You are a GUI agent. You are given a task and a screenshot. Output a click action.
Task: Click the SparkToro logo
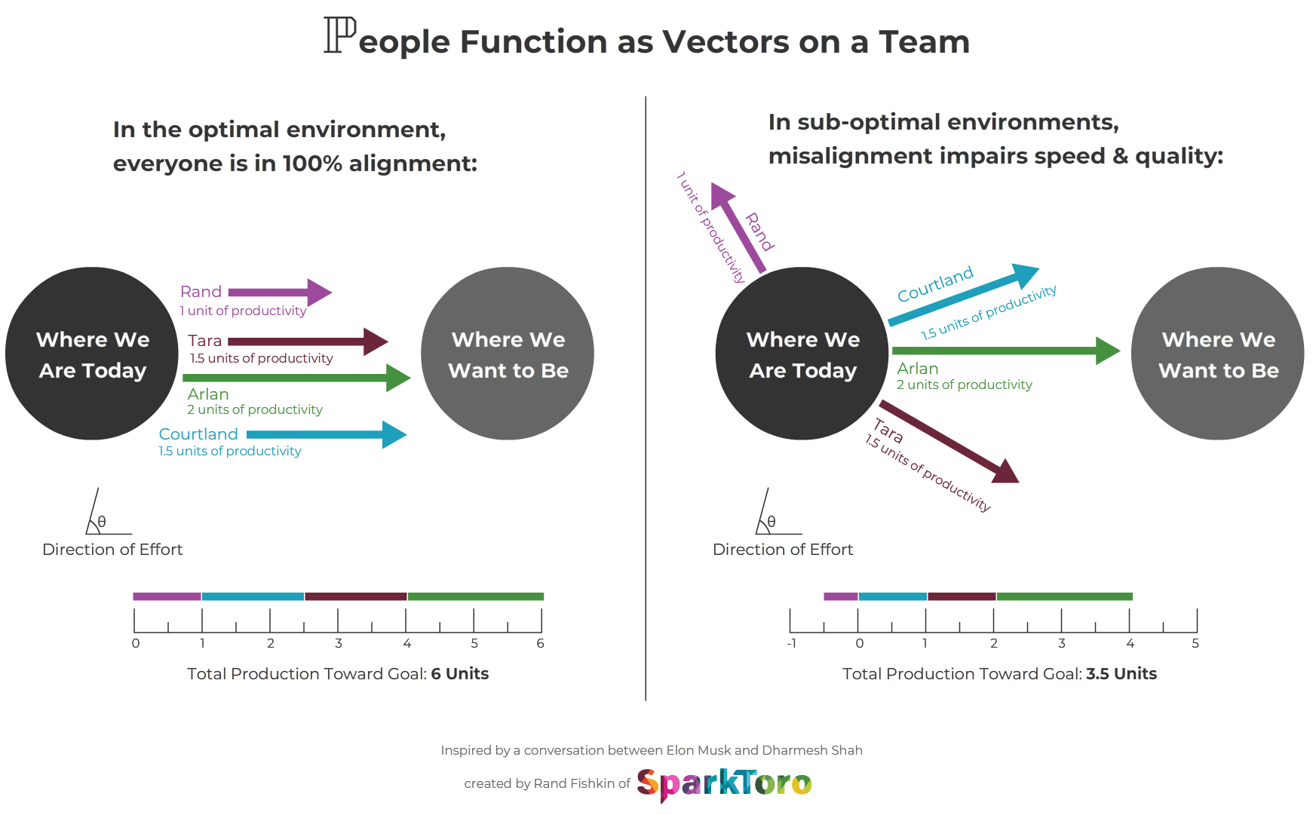724,784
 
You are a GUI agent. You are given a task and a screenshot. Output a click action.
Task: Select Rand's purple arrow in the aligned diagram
279,293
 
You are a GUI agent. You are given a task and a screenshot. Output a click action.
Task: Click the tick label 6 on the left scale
540,643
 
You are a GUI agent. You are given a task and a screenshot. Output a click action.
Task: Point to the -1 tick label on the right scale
791,643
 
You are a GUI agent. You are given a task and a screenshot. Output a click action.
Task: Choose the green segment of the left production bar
475,596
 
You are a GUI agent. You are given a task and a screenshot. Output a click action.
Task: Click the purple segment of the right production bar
841,596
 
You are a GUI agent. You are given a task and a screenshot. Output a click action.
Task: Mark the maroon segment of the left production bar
356,596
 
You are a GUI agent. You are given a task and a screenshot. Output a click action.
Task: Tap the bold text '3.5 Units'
1121,674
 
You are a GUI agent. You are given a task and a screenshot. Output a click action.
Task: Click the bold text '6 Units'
459,674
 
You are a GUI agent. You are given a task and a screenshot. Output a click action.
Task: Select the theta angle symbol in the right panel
771,522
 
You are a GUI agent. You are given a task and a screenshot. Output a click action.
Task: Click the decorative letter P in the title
339,35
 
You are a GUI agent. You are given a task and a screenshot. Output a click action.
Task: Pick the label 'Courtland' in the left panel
198,434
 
